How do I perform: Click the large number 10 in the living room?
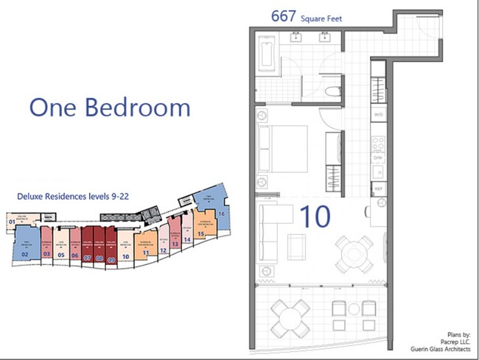(315, 216)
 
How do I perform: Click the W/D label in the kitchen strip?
(379, 116)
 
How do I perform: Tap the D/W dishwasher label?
(379, 157)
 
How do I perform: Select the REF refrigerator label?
(379, 189)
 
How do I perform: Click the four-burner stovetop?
(378, 140)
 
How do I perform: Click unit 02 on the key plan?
(24, 254)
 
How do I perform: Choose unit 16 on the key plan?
(220, 213)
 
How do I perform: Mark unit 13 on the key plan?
(175, 243)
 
